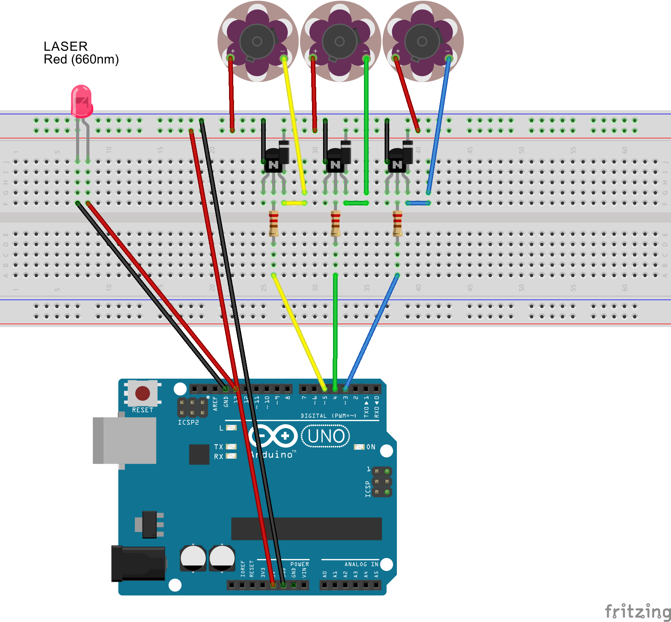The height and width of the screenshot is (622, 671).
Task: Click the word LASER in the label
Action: (x=65, y=46)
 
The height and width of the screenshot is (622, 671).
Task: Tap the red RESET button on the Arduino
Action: (x=143, y=393)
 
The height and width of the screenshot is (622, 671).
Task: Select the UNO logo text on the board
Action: (x=326, y=436)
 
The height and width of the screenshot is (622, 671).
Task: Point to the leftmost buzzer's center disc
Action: (x=257, y=41)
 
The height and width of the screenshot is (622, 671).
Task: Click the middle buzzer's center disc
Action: (x=339, y=41)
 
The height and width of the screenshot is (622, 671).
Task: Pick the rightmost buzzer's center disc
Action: (x=422, y=41)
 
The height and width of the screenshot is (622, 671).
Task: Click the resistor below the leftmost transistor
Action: (x=274, y=223)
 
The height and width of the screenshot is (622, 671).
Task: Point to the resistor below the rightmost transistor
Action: (x=398, y=223)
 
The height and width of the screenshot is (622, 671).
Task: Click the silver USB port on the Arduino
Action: (x=125, y=440)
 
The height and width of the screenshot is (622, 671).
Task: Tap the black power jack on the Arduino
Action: (x=139, y=563)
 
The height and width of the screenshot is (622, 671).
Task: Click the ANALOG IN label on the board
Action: (x=361, y=564)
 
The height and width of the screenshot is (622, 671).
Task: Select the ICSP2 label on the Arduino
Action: (x=188, y=422)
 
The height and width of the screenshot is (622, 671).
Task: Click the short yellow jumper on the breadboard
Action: (x=294, y=203)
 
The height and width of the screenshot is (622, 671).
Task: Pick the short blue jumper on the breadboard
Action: (x=418, y=203)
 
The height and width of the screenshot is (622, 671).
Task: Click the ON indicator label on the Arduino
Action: (x=371, y=447)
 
